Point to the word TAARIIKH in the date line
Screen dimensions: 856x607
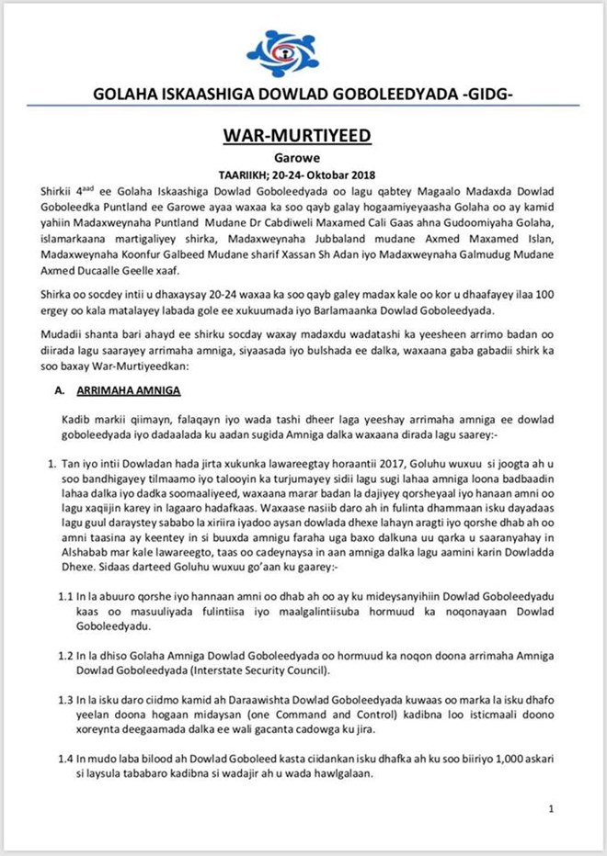click(248, 173)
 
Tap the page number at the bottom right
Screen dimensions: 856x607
click(550, 809)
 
